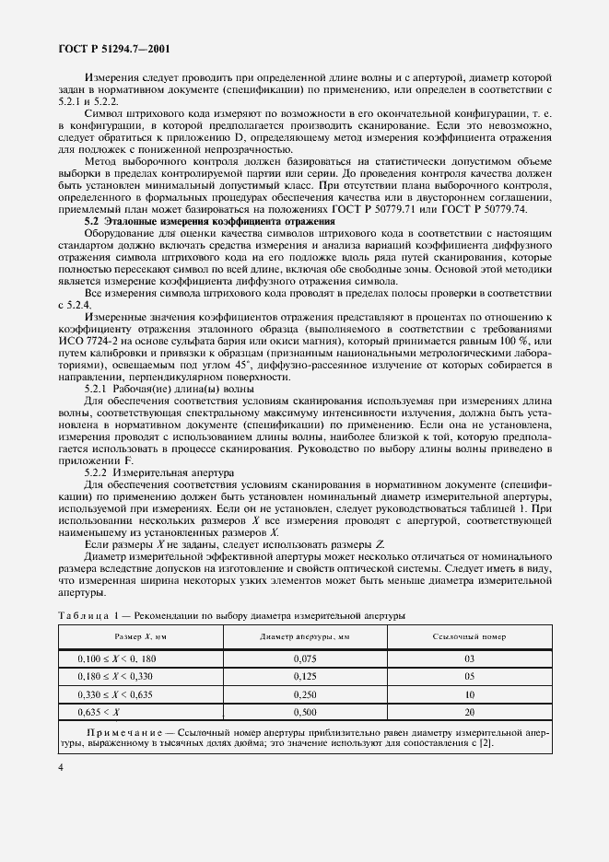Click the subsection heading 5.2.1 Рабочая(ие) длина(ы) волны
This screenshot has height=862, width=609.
click(156, 390)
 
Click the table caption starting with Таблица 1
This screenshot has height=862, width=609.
click(231, 614)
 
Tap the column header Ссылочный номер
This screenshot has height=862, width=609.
click(470, 636)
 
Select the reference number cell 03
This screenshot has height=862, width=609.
click(470, 658)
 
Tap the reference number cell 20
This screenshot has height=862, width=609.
click(470, 711)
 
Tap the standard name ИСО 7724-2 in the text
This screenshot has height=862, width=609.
click(89, 343)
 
